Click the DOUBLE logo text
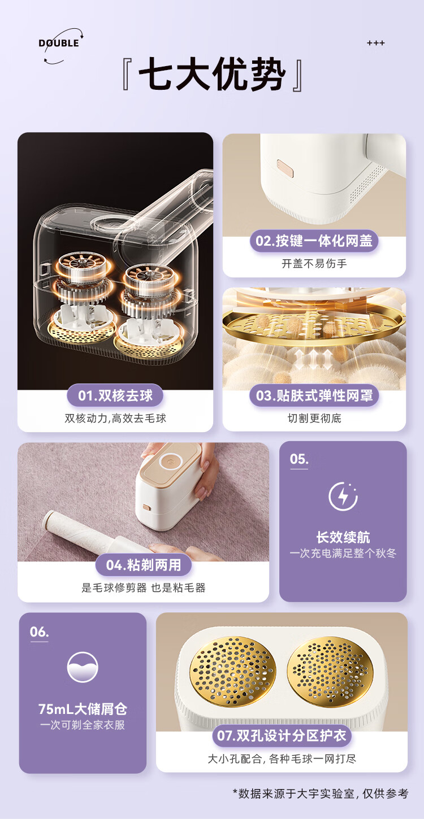[x=59, y=43]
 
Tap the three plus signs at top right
[x=376, y=43]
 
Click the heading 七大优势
[x=212, y=75]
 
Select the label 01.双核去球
[x=115, y=395]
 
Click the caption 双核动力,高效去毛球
[x=115, y=419]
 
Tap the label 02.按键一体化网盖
[x=314, y=241]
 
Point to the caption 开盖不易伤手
[x=314, y=263]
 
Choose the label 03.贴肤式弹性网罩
[x=314, y=395]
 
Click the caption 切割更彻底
[x=314, y=419]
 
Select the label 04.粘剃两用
[x=144, y=565]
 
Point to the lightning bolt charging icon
[x=343, y=496]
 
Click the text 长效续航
[x=343, y=538]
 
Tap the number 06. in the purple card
[x=39, y=632]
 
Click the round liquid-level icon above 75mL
[x=83, y=667]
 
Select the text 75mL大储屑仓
[x=83, y=709]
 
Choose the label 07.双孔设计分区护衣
[x=282, y=735]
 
